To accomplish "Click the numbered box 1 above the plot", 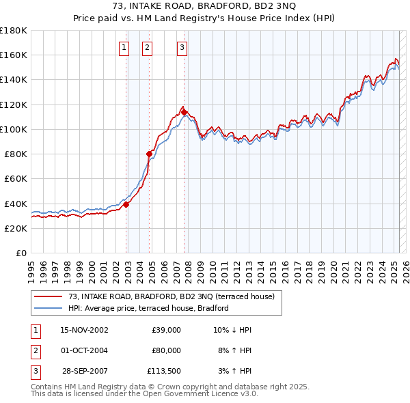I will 124,47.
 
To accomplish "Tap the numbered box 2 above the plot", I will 147,47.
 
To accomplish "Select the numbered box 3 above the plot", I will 182,47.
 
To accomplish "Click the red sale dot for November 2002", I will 126,204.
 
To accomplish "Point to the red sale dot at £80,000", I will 150,154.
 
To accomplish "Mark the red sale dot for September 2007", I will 184,113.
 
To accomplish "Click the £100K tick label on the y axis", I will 13,129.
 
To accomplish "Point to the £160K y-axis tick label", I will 13,55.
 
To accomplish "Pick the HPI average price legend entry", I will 148,308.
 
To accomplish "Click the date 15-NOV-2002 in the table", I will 84,330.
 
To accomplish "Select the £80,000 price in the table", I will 166,350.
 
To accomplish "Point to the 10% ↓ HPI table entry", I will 232,330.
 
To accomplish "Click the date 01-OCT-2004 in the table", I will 84,350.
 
